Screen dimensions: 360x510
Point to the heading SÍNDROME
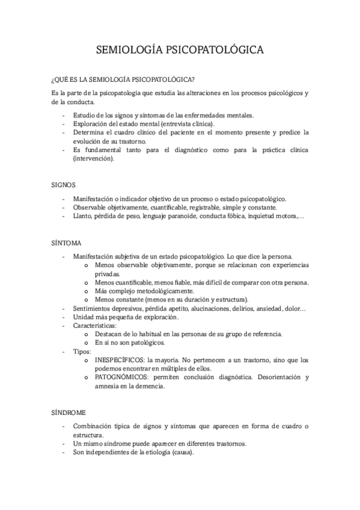[x=69, y=413]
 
